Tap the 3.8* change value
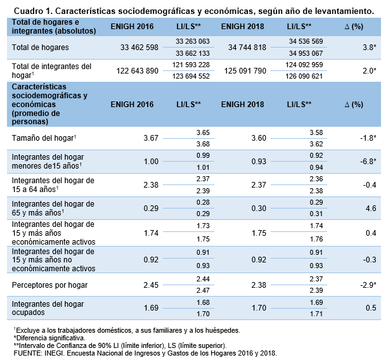coord(369,48)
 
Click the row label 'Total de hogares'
coord(40,48)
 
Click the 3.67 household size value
coord(150,138)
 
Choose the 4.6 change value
coord(371,208)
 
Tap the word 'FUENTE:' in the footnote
coord(27,352)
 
